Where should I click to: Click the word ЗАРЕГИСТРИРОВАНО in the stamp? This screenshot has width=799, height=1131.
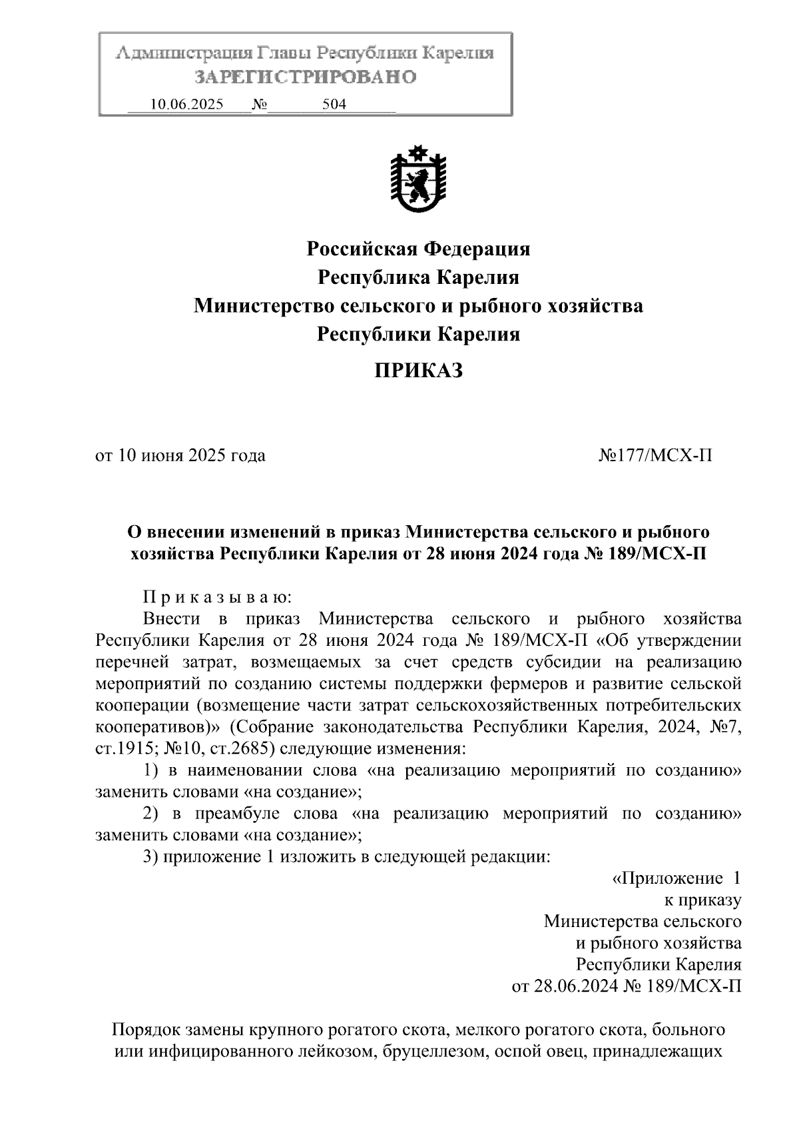[305, 77]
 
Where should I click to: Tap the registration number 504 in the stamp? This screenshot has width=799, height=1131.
[334, 105]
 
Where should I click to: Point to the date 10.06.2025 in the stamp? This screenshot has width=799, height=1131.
[186, 105]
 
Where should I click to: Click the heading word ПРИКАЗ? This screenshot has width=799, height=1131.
[417, 371]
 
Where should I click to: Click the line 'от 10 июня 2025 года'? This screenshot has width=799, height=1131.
[180, 455]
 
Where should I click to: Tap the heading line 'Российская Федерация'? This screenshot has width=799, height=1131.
[417, 249]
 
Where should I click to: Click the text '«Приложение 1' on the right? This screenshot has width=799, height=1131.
[676, 878]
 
